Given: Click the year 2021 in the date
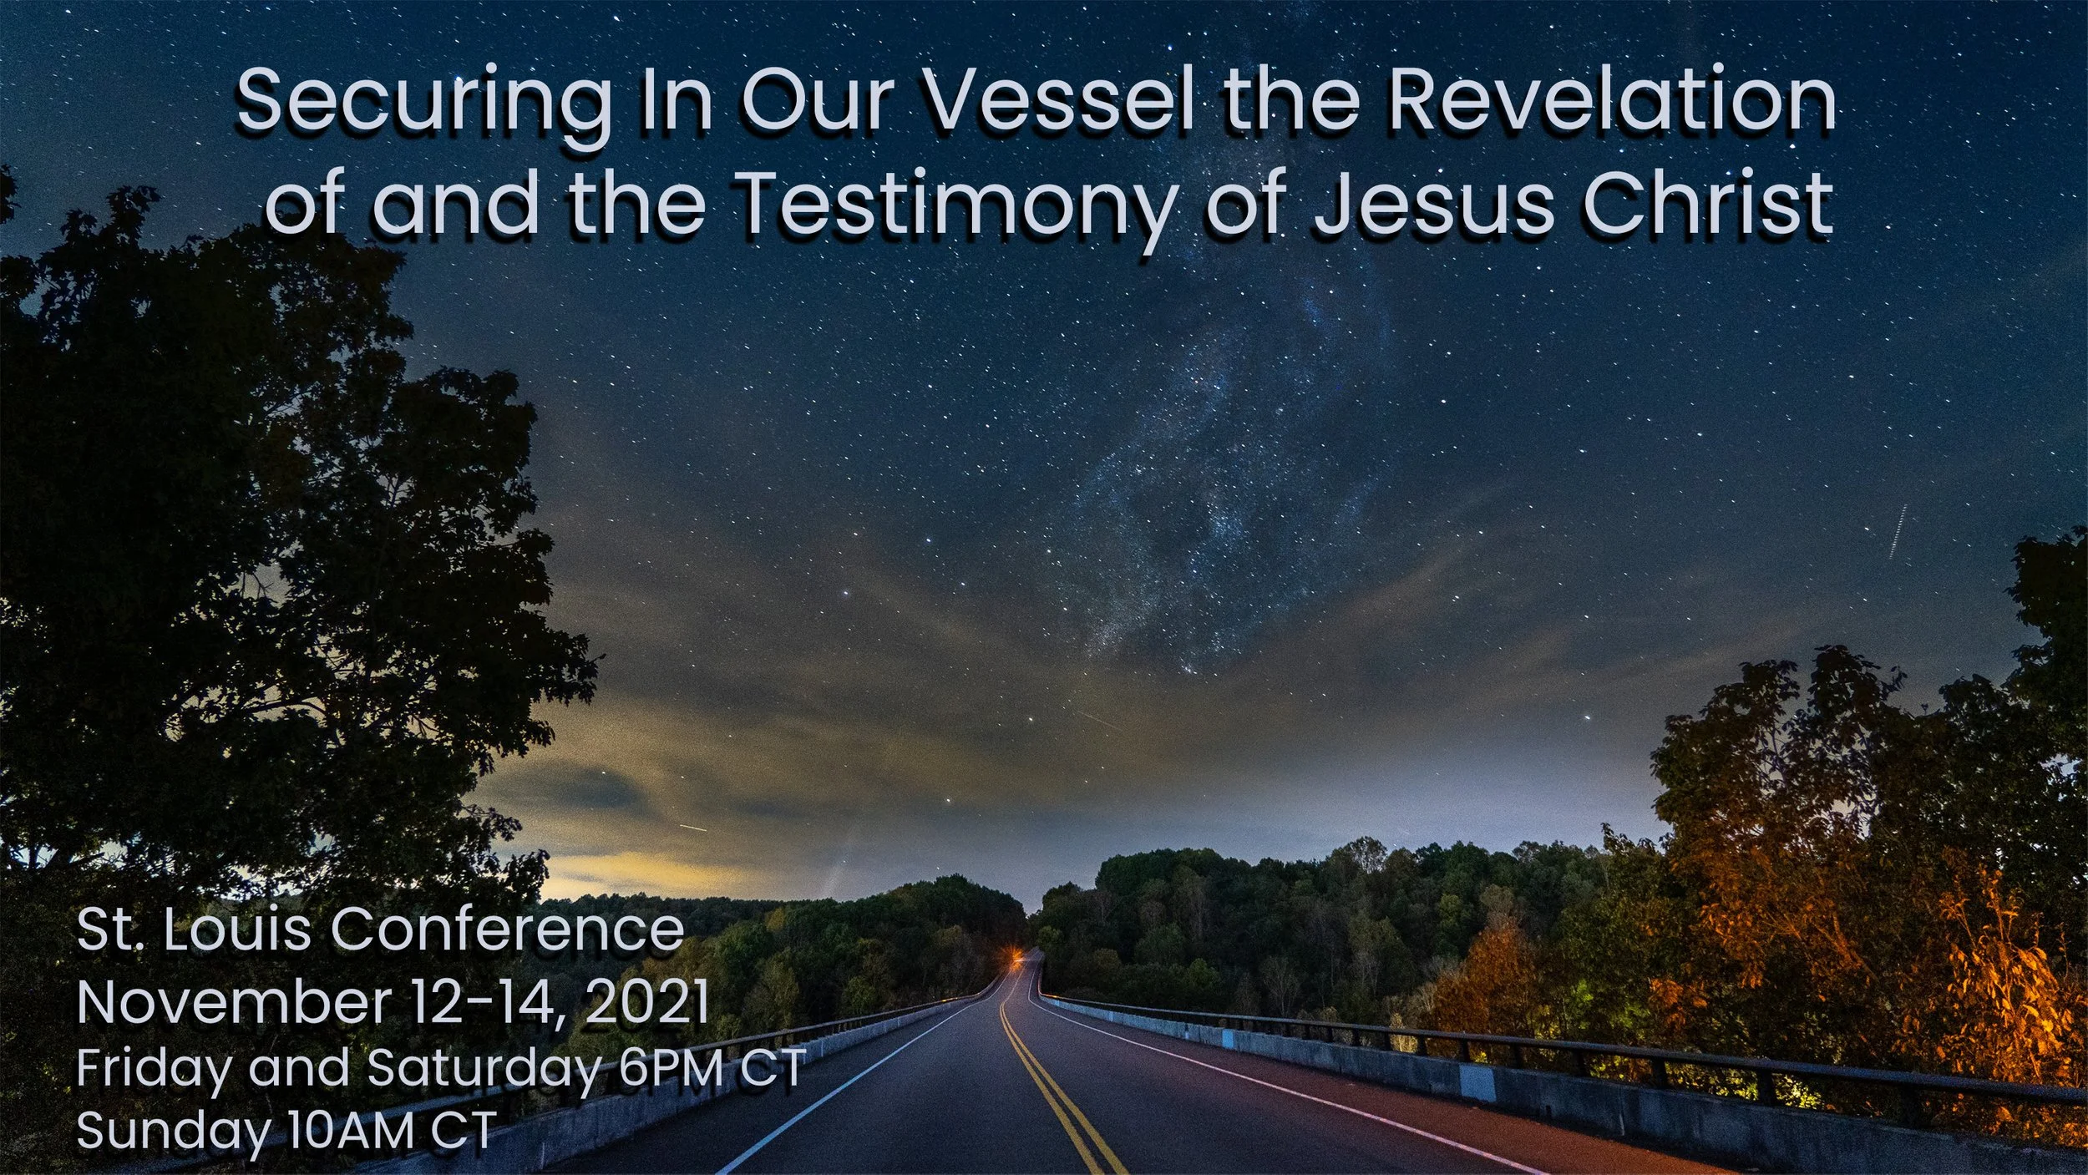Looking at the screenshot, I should [x=646, y=1001].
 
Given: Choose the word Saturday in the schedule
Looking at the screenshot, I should [x=484, y=1067].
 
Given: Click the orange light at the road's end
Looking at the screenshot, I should [x=1015, y=954].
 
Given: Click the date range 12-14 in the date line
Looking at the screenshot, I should [x=480, y=1001].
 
